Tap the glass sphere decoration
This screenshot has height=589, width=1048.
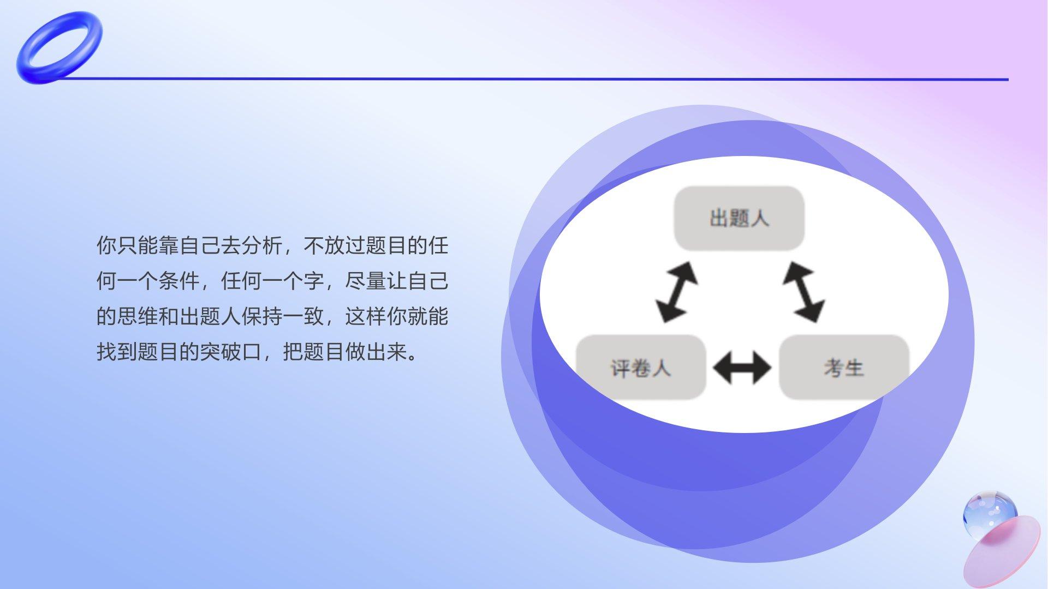tap(990, 514)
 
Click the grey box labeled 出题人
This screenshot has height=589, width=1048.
tap(739, 218)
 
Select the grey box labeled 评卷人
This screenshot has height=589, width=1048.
tap(641, 368)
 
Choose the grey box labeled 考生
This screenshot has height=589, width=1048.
tap(844, 368)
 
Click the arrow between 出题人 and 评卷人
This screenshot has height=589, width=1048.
tap(676, 292)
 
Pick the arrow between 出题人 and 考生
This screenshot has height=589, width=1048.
tap(803, 292)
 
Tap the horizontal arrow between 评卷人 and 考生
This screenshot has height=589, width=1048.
tap(742, 368)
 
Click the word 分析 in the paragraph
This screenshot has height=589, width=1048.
tap(262, 245)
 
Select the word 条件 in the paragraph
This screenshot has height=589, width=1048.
tap(179, 281)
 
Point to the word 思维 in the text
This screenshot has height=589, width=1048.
tap(138, 316)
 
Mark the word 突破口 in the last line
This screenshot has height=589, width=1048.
tap(231, 352)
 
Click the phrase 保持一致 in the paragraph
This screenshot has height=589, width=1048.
tap(283, 316)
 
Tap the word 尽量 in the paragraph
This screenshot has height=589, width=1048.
tap(366, 281)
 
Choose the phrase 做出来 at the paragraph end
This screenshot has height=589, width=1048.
tap(377, 352)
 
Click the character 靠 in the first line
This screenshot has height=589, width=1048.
tap(169, 245)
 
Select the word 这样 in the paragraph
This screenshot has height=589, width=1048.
tap(366, 316)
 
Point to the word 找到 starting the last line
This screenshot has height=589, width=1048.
tap(117, 352)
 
